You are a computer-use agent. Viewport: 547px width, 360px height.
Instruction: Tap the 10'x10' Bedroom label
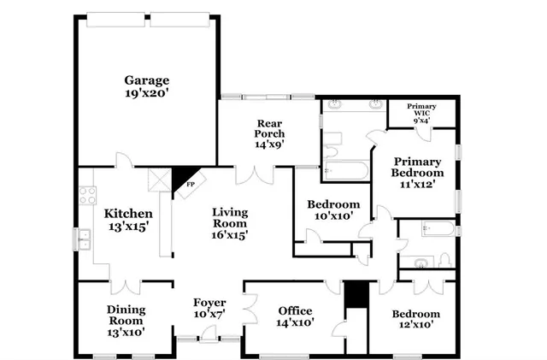tap(332, 210)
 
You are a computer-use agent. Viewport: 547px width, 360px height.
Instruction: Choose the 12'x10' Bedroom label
tap(416, 319)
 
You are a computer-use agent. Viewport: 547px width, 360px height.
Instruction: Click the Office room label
tap(296, 316)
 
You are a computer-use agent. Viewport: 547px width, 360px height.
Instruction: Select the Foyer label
tap(209, 308)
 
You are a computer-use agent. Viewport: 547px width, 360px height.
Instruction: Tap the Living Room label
tap(229, 223)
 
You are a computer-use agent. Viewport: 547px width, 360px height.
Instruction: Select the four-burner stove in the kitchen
tap(86, 195)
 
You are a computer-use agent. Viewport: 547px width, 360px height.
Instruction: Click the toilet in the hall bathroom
tap(444, 262)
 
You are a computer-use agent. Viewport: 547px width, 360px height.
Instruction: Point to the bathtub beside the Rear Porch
tap(345, 170)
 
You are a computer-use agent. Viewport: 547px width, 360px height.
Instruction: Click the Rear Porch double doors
tap(253, 174)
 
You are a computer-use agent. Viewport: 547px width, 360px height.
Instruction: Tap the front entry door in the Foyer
tap(209, 337)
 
